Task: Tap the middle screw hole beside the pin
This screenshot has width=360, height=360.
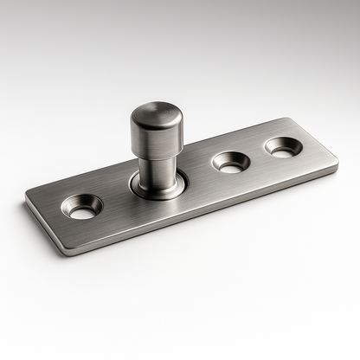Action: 231,161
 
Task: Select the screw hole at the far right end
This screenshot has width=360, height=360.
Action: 283,147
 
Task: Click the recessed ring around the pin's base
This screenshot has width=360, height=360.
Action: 157,188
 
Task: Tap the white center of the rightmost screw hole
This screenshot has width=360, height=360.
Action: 283,149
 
